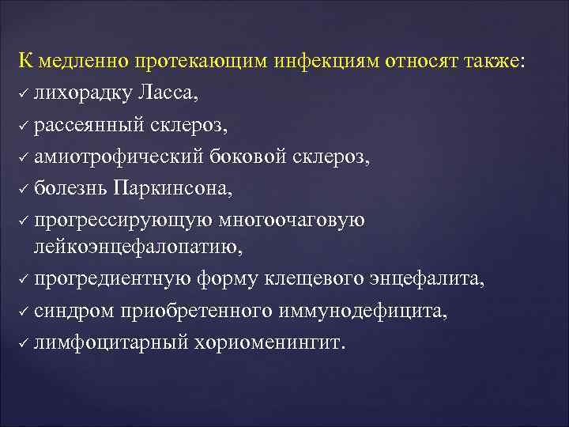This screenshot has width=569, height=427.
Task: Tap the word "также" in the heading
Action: pos(489,62)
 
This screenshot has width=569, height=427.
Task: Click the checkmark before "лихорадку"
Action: pos(24,96)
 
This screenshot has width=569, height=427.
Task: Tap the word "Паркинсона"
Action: pos(179,187)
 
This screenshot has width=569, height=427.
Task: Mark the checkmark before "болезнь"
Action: pos(24,189)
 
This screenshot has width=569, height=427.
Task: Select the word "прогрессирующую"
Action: pos(117,219)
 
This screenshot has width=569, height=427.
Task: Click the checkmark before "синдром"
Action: pos(24,314)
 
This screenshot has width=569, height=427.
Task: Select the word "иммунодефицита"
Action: pos(362,312)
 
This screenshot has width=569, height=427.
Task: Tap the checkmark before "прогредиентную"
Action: pos(24,282)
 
